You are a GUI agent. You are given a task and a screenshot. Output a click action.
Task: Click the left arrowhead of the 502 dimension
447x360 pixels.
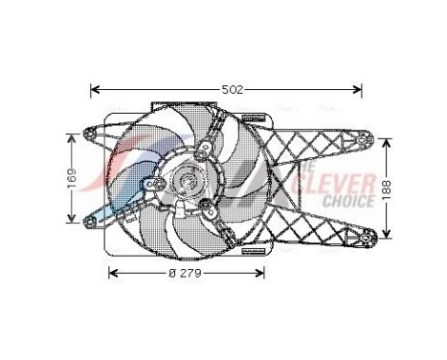[x=94, y=90]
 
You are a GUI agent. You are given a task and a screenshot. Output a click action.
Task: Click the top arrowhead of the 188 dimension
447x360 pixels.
[x=388, y=141]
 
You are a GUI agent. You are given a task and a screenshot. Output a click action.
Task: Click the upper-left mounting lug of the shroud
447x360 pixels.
[x=91, y=133]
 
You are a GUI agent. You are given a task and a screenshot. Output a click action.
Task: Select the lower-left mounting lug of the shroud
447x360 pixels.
[x=91, y=225]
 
